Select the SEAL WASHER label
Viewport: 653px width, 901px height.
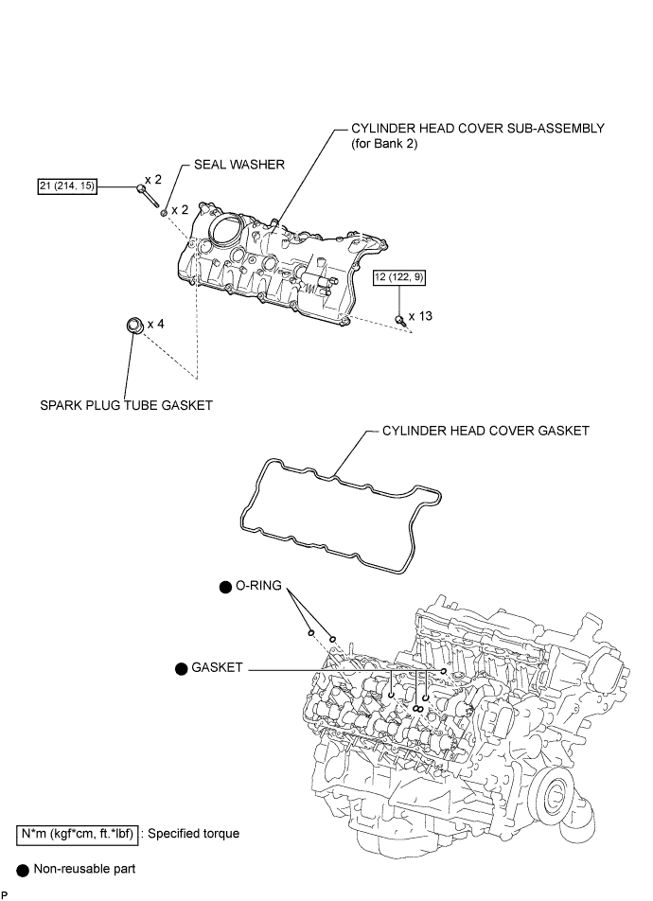point(239,165)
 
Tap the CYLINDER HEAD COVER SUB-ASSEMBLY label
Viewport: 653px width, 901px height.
point(478,128)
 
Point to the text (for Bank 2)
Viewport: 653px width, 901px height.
point(384,144)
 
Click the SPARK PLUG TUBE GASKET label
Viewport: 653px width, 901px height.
point(126,406)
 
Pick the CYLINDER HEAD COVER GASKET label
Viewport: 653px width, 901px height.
point(485,431)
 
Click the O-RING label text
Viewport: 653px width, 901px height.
point(258,586)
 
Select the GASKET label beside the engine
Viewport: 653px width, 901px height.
point(217,668)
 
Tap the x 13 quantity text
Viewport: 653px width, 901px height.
point(421,316)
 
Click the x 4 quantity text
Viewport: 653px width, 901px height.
point(156,324)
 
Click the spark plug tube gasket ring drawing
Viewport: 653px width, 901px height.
point(134,326)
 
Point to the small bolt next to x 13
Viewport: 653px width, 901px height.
point(401,321)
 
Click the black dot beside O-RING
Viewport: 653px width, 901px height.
point(226,587)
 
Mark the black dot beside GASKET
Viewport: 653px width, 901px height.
point(182,669)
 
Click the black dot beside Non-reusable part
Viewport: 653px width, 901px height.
point(23,871)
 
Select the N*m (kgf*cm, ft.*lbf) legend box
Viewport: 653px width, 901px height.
point(77,834)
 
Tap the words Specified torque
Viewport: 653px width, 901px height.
point(194,834)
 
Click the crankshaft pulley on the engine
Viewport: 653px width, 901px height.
point(557,798)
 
